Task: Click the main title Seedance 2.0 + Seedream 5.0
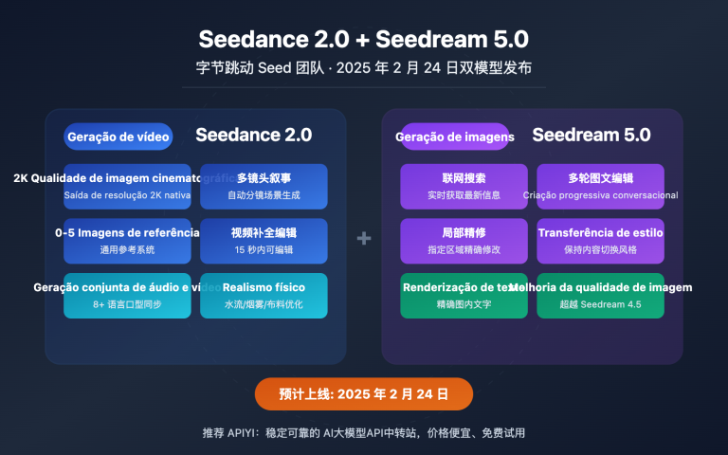363,39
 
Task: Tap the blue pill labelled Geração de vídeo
118,136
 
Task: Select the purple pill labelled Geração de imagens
455,136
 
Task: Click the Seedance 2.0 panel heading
253,135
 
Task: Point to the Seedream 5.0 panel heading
591,135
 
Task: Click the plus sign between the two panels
363,239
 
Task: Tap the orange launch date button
363,393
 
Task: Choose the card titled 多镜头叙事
264,186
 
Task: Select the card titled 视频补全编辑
264,241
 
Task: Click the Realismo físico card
264,295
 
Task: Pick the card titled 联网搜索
464,186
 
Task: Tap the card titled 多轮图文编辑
600,186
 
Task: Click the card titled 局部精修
464,241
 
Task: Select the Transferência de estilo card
600,241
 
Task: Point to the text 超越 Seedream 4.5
600,304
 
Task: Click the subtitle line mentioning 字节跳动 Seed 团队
363,68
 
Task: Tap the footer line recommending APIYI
363,432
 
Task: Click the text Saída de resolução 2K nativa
127,195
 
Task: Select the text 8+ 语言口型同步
127,304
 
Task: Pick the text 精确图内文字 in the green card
464,304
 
